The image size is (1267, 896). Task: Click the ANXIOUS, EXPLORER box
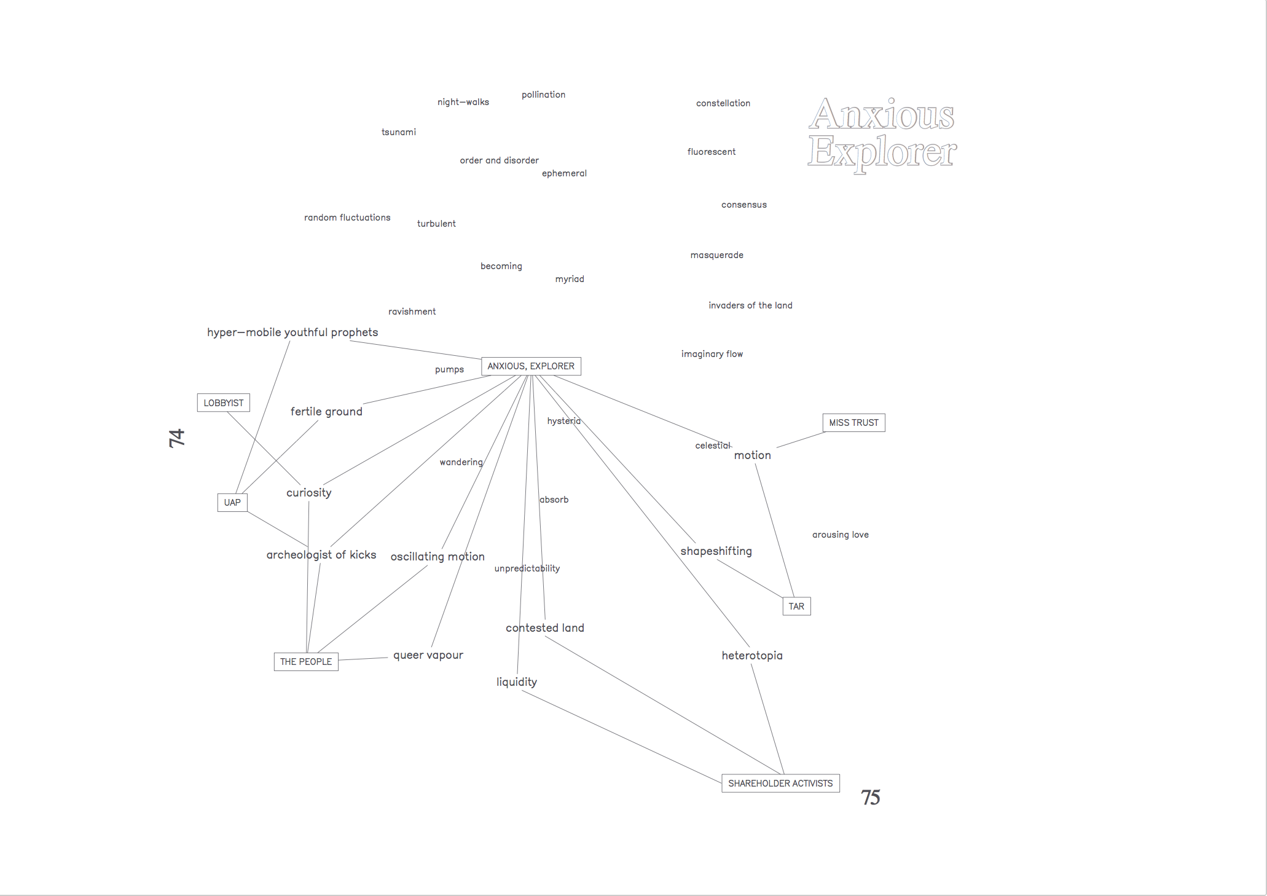point(531,366)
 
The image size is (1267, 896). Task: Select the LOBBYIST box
point(223,403)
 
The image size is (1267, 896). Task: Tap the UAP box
point(232,503)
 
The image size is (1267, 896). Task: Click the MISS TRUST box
point(853,423)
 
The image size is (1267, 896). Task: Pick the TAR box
point(796,607)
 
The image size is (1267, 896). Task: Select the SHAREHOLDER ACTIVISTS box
point(780,784)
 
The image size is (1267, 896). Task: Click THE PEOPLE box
point(306,662)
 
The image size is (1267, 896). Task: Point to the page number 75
point(870,798)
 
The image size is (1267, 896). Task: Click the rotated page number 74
point(177,438)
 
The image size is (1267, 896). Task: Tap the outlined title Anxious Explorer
point(882,133)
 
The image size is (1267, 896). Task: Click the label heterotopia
point(752,656)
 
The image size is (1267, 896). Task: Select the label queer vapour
point(428,655)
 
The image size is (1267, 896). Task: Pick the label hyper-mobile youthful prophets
point(292,332)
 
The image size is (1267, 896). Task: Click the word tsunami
point(399,132)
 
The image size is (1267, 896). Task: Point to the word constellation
point(723,103)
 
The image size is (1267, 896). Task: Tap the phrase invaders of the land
point(750,305)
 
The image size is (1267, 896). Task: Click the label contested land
point(545,628)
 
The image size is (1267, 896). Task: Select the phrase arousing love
point(841,535)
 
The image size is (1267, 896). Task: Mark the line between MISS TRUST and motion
point(801,440)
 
